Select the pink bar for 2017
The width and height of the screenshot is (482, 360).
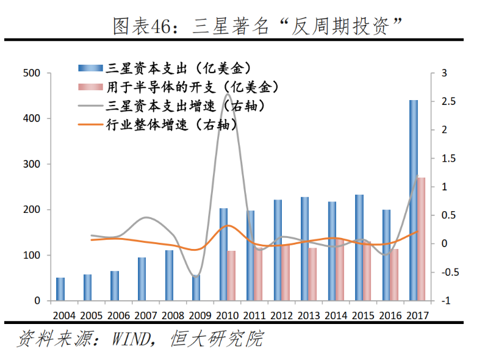pyautogui.click(x=421, y=239)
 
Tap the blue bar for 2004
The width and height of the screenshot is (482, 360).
pyautogui.click(x=60, y=289)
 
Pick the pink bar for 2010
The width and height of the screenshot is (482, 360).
pyautogui.click(x=231, y=276)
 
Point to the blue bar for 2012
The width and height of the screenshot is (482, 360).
pyautogui.click(x=278, y=250)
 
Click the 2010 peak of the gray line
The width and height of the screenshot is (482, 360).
pyautogui.click(x=228, y=95)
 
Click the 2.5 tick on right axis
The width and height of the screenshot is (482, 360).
pyautogui.click(x=448, y=101)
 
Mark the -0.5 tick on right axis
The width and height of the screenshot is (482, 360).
pyautogui.click(x=450, y=273)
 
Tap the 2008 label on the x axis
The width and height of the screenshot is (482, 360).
pyautogui.click(x=173, y=315)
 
